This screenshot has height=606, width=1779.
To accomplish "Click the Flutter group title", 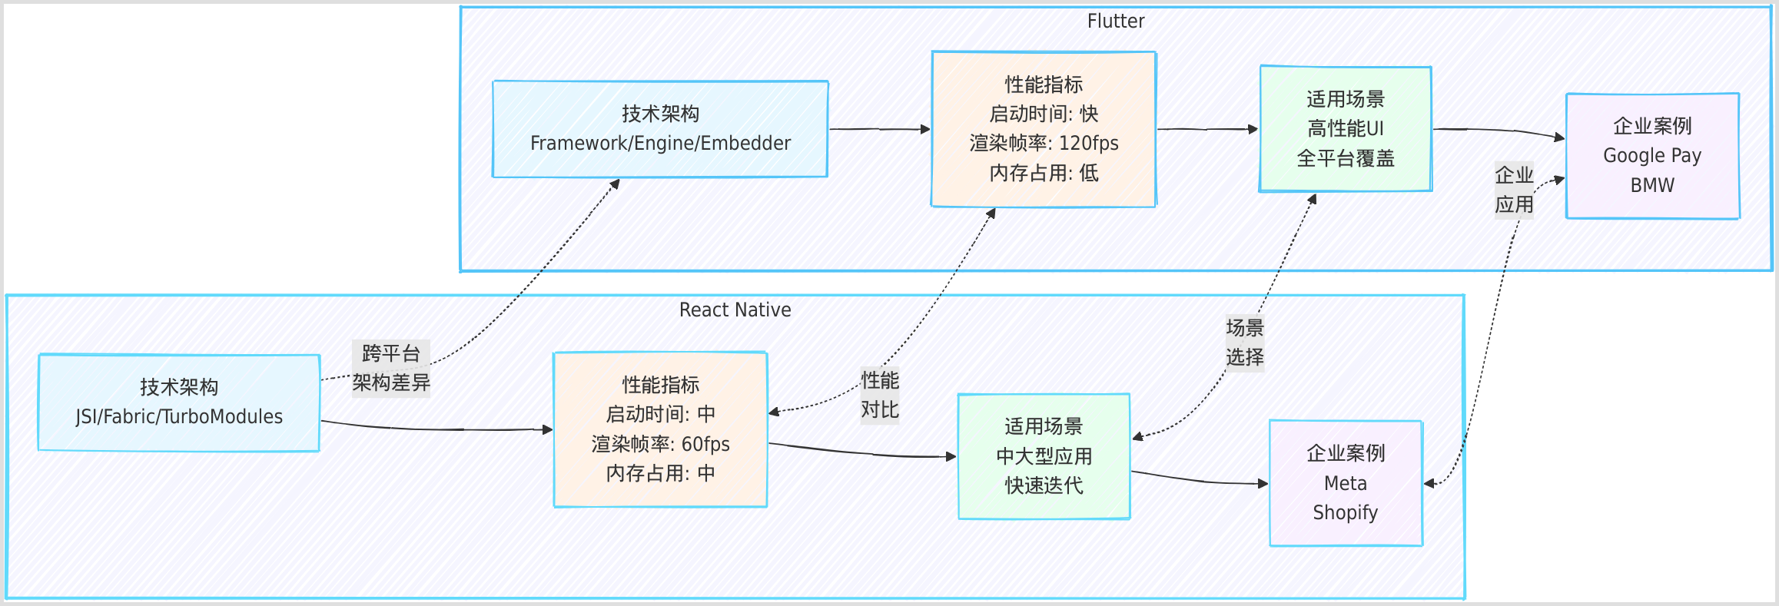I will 1115,22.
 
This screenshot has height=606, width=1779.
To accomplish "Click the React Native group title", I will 735,310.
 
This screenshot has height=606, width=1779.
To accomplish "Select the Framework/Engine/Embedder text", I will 660,144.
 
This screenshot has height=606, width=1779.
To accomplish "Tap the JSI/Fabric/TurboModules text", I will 179,417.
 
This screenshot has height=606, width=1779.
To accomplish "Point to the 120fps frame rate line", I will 1044,144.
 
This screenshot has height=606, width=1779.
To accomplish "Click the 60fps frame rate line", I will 660,445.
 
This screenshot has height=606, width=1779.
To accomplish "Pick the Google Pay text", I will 1652,156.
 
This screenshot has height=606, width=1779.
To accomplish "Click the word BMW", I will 1652,186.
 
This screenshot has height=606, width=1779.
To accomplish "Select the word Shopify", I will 1345,513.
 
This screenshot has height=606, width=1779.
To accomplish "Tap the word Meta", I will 1345,484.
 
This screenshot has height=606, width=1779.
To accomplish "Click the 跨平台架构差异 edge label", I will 391,369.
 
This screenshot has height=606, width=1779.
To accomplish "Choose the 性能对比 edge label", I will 879,396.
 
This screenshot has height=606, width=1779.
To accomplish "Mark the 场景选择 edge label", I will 1244,343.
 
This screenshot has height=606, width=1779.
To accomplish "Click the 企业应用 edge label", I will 1514,190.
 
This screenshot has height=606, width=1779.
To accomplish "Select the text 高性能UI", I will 1346,129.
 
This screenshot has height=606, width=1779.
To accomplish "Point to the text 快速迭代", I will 1044,486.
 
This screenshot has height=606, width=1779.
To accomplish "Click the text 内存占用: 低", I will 1044,174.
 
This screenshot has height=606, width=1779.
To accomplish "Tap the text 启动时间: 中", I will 660,415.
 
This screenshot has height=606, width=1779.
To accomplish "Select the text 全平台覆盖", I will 1346,159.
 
